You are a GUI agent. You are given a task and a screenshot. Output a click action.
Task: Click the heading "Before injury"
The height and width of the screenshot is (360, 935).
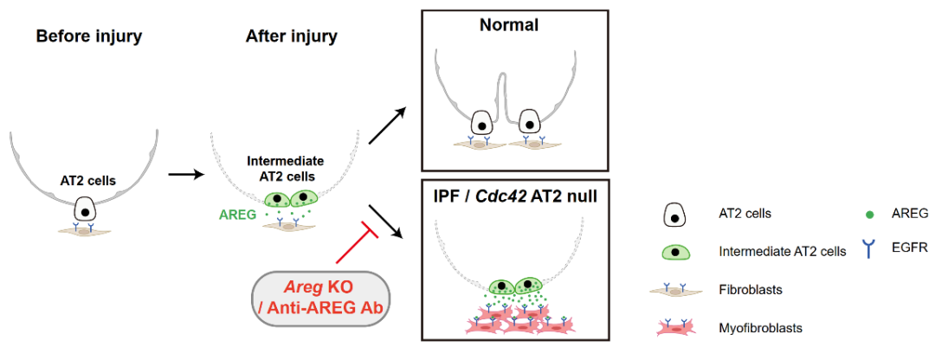pos(88,36)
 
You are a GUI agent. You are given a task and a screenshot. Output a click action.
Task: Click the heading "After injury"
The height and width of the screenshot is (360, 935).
pos(292,36)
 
